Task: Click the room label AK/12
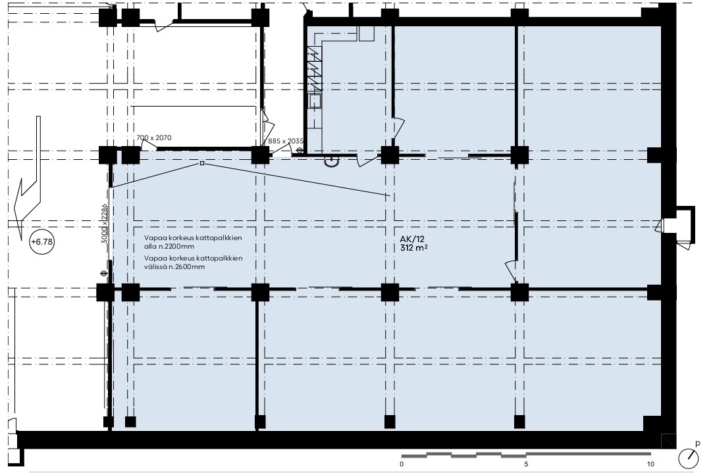[x=411, y=239]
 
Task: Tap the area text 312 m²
[x=413, y=248]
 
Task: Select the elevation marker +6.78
[x=42, y=242]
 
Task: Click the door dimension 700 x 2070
[x=154, y=137]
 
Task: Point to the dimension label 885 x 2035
[x=286, y=141]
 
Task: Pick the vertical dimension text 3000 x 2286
[x=104, y=224]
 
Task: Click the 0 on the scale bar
[x=402, y=464]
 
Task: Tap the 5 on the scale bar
[x=526, y=464]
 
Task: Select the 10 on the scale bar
[x=650, y=464]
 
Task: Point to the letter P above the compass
[x=698, y=445]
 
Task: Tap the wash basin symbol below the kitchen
[x=332, y=161]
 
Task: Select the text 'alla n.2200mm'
[x=169, y=247]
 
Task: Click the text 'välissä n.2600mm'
[x=174, y=267]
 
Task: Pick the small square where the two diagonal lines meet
[x=202, y=163]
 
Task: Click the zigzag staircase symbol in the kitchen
[x=315, y=69]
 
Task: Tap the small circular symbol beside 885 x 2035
[x=299, y=151]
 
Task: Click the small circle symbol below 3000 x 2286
[x=104, y=273]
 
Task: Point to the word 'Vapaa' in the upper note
[x=153, y=237]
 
